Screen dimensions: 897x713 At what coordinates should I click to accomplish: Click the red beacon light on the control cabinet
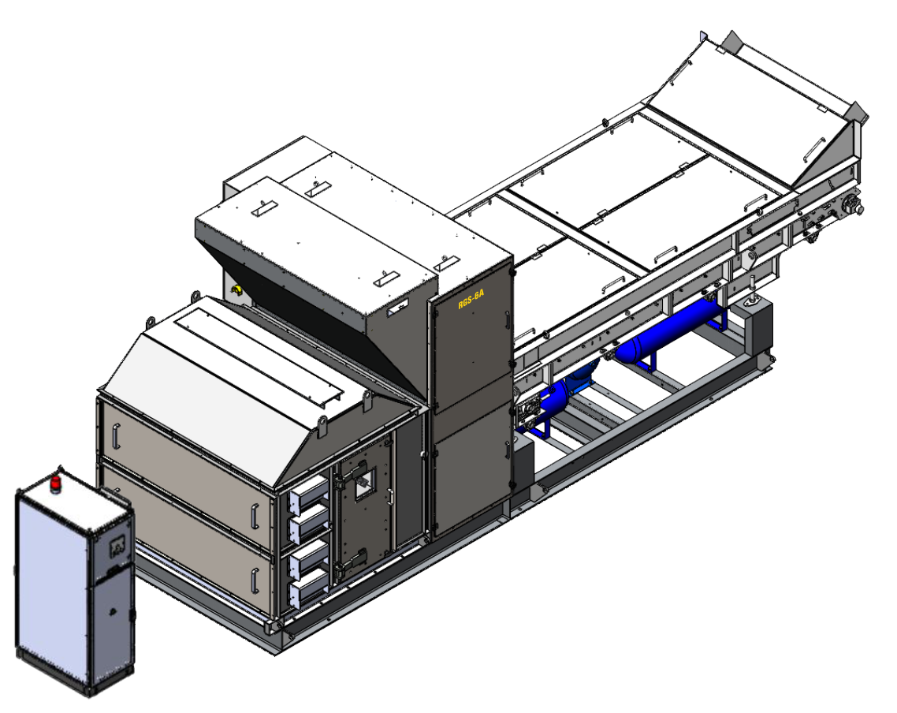tap(55, 483)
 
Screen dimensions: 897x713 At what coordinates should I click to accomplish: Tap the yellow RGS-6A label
tap(471, 299)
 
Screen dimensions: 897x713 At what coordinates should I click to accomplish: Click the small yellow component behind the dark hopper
tap(236, 290)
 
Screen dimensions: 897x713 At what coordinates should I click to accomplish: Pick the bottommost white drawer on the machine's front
tap(310, 592)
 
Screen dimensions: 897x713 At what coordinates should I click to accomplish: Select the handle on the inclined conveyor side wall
tap(814, 149)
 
